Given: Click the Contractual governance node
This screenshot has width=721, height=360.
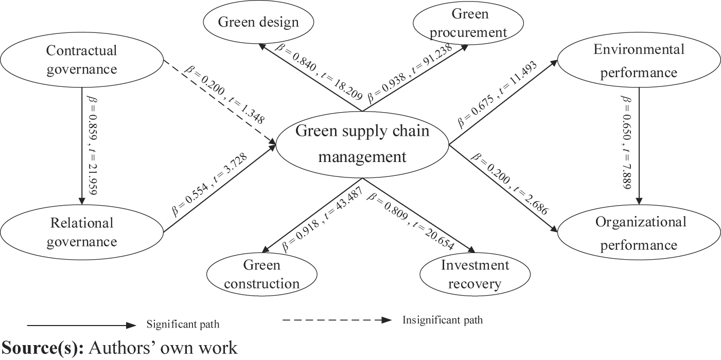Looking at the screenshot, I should point(81,60).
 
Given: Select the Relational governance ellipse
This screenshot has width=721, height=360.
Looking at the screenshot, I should point(81,232).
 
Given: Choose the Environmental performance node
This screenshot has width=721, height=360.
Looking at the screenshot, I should point(639,61).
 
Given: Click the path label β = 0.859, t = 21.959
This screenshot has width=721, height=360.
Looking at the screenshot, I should point(92,145).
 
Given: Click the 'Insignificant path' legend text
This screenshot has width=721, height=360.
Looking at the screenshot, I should point(442,320).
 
